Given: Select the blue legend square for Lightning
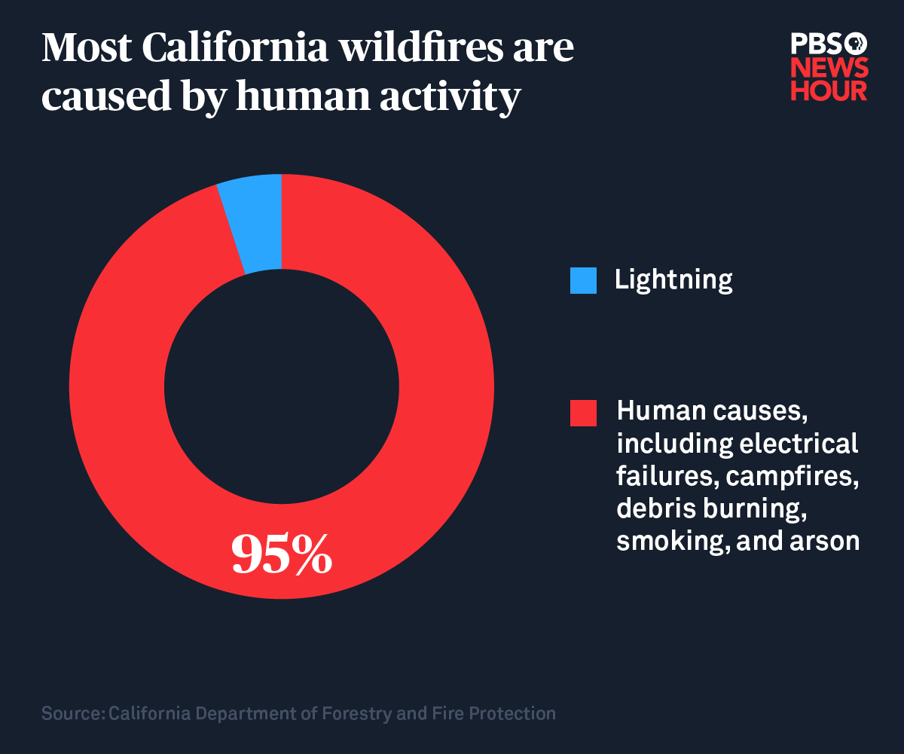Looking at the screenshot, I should coord(583,280).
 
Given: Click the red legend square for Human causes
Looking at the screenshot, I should coord(583,413).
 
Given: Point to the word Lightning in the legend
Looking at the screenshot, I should coord(673,280).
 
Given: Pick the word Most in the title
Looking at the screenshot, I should coord(85,50).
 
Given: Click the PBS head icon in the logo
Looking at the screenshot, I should coord(857,43).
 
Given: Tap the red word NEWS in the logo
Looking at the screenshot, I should coord(829,68).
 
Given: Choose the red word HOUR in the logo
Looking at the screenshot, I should coord(829,90).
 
